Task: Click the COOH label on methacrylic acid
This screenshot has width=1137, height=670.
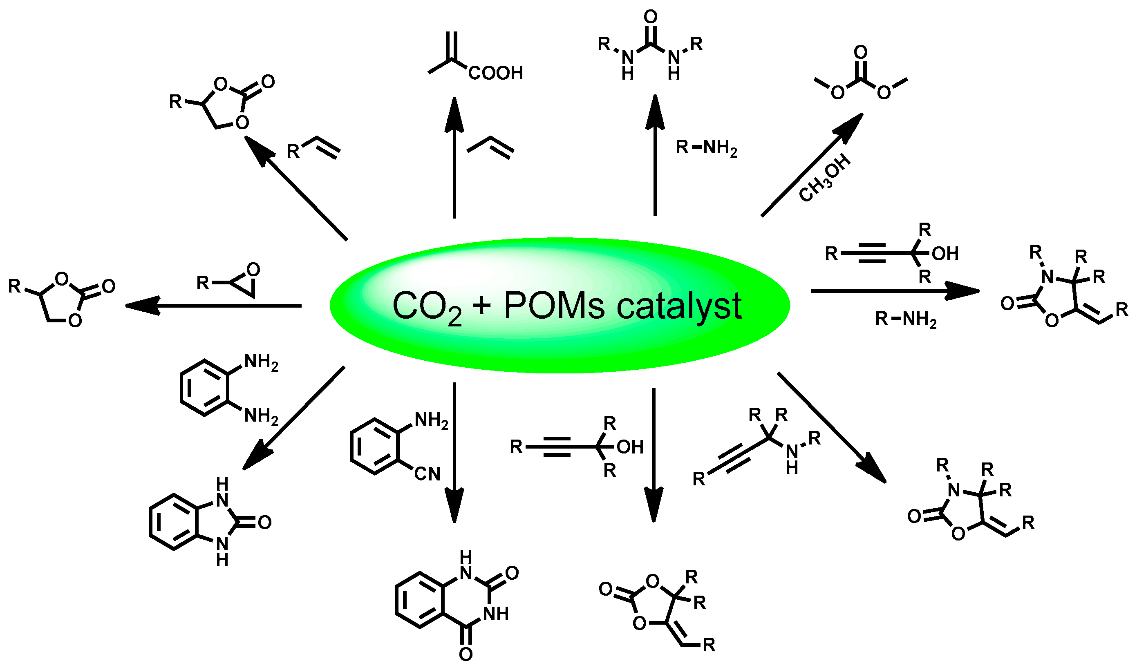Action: pos(495,73)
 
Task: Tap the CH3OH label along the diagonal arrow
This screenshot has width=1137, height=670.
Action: pos(824,178)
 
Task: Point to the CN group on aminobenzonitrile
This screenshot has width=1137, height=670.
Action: pos(427,474)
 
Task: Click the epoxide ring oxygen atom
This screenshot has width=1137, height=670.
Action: pos(253,270)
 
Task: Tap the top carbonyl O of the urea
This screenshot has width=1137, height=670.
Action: pos(651,17)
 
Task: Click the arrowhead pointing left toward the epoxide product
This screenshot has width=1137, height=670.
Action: pos(143,306)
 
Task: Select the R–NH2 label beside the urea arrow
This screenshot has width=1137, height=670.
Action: pos(706,147)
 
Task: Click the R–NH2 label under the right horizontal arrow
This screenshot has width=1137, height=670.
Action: pos(905,319)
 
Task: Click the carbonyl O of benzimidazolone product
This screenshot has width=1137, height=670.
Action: pos(264,523)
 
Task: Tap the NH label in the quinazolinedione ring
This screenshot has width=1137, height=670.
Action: pos(496,614)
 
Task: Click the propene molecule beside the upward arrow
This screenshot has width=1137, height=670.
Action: pos(490,147)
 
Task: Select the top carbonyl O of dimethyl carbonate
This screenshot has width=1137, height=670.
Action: pos(861,52)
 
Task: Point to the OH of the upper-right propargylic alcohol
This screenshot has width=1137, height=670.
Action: pos(945,254)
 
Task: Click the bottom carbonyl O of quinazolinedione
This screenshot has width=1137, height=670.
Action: pos(466,653)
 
